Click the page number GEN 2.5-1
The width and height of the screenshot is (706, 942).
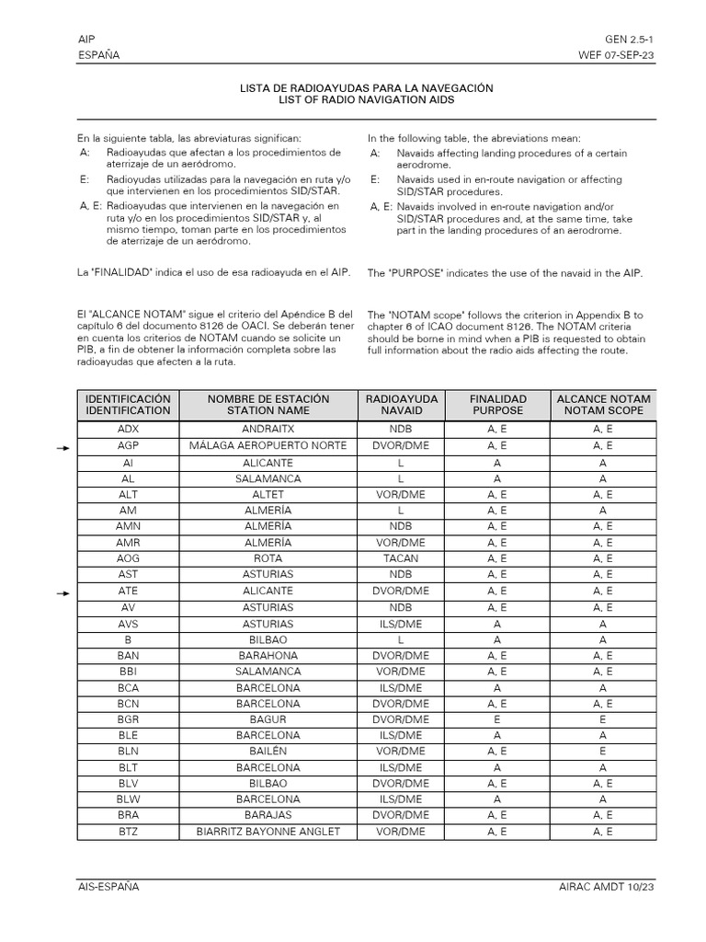[630, 40]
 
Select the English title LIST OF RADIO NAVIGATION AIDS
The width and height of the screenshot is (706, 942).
[366, 99]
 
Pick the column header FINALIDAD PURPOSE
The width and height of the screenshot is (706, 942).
[497, 405]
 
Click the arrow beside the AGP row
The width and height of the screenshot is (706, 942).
[63, 447]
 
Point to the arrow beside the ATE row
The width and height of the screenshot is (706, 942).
[63, 593]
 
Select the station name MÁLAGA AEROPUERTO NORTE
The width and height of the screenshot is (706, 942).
[268, 446]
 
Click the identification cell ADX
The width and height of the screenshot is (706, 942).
[128, 430]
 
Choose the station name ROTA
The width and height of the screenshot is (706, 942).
[268, 558]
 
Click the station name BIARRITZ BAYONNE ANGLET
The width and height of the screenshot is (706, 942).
[268, 832]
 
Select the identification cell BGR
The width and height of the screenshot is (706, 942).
[128, 719]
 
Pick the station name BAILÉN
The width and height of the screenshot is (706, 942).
[268, 752]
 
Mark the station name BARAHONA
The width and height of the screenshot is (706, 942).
[268, 655]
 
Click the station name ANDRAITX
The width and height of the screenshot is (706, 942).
[268, 430]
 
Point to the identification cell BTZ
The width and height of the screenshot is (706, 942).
[128, 832]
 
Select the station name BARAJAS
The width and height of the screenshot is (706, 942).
[268, 816]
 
